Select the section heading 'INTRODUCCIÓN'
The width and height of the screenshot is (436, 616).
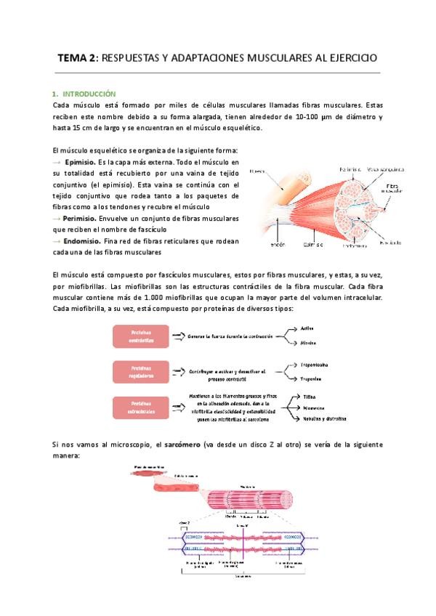89,94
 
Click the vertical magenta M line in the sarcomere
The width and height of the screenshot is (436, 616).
246,546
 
